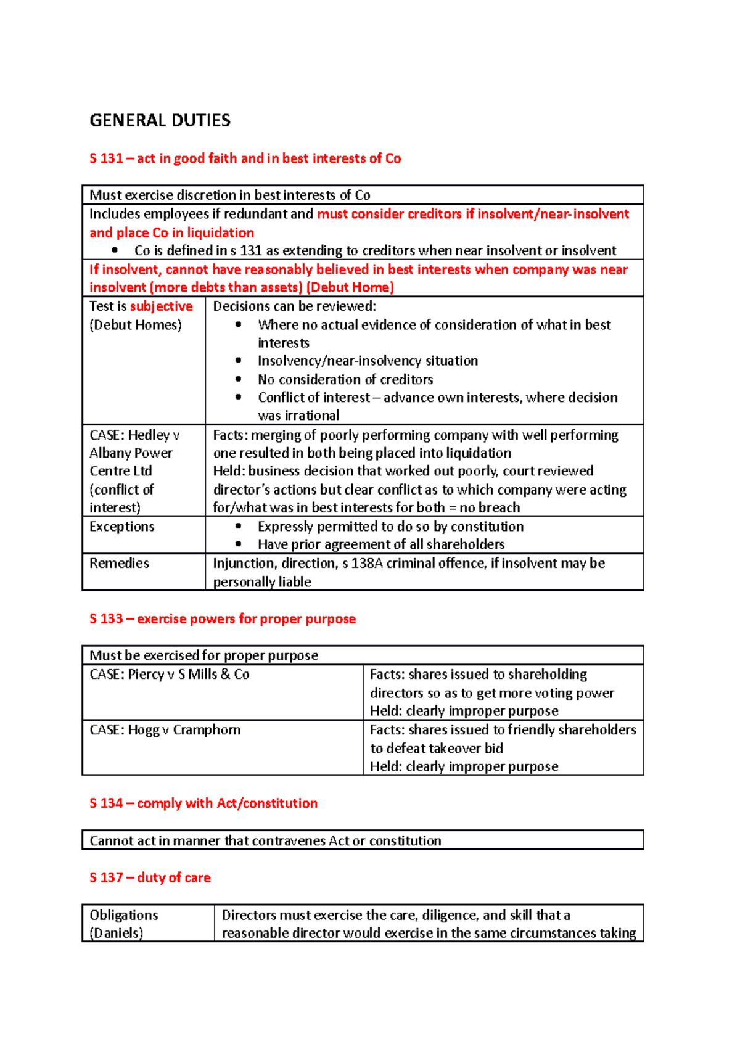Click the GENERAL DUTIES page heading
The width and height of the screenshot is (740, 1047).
160,120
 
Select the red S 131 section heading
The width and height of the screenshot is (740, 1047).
245,158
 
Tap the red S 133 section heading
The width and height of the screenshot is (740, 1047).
222,619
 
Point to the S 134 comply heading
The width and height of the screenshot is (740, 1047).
203,803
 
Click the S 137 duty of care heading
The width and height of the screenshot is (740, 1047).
150,877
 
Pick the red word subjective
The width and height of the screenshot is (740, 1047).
161,306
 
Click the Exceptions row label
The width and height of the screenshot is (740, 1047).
121,527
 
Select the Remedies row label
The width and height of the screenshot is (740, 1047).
119,563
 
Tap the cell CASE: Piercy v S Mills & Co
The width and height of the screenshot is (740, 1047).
170,675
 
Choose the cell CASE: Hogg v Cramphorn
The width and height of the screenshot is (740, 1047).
165,730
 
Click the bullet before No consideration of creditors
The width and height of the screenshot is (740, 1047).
239,379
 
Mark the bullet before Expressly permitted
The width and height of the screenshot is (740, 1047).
239,527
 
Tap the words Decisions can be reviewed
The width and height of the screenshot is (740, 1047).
294,306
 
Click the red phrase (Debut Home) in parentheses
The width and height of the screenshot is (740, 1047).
350,287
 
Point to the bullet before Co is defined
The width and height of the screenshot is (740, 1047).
115,250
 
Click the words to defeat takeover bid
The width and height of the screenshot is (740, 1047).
437,749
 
